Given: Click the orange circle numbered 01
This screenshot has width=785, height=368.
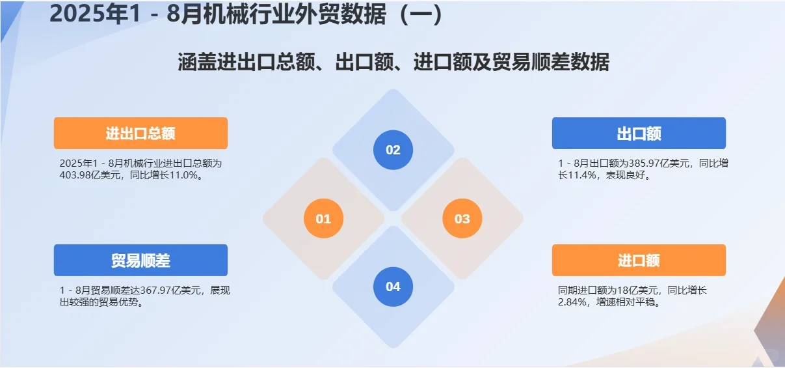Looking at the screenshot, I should (323, 219).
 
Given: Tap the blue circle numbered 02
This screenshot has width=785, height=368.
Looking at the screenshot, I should (393, 150).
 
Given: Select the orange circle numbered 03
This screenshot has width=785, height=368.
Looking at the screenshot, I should (462, 219).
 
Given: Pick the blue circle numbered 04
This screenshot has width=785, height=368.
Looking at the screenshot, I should (393, 287).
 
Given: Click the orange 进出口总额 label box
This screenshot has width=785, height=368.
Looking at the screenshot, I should (140, 134).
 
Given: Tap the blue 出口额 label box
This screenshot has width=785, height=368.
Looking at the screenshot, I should (639, 134).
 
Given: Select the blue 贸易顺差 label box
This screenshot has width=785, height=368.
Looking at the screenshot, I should (140, 261).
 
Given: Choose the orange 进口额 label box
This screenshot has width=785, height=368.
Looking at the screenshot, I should (639, 261).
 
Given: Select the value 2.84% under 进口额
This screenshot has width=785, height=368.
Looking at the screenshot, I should (572, 302).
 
